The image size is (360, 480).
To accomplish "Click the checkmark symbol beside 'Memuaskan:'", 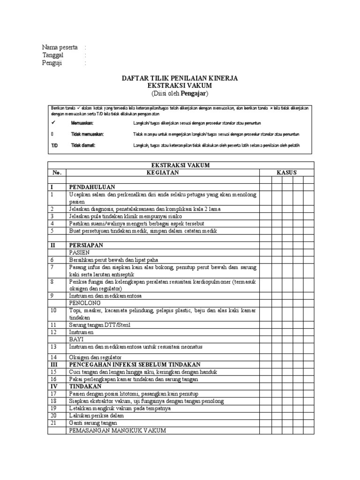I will (x=53, y=122).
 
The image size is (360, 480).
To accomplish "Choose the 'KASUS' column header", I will (x=287, y=172).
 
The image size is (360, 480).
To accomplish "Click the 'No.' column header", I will (x=57, y=172).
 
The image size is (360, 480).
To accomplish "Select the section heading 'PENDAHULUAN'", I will (x=92, y=187).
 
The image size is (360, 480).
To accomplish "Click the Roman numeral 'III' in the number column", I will (x=54, y=364).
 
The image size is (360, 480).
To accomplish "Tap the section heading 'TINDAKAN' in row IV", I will (x=85, y=386).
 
